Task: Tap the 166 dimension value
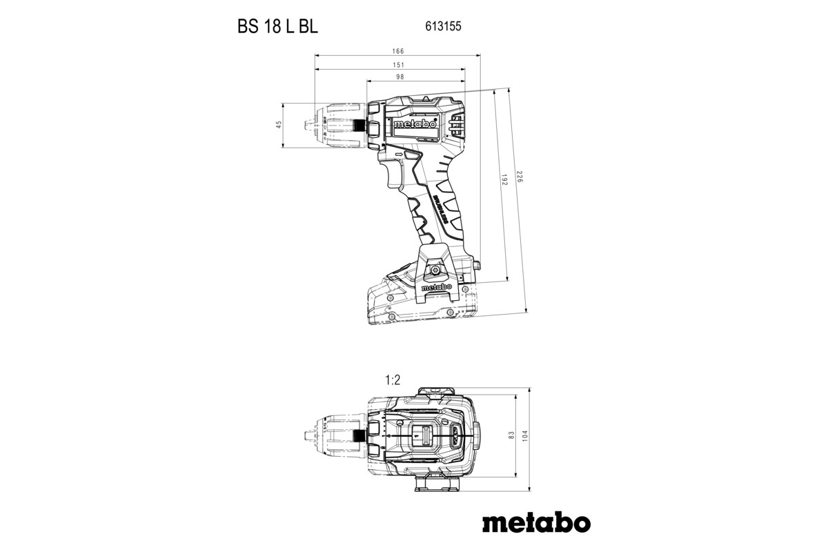pos(398,52)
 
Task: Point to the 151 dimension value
pos(398,65)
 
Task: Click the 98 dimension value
pos(400,77)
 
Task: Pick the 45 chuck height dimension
pos(279,125)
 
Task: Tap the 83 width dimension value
pos(511,435)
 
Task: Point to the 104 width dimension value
pos(525,435)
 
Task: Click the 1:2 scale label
pos(393,379)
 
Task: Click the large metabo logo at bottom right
pos(536,522)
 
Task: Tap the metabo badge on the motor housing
pos(415,125)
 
